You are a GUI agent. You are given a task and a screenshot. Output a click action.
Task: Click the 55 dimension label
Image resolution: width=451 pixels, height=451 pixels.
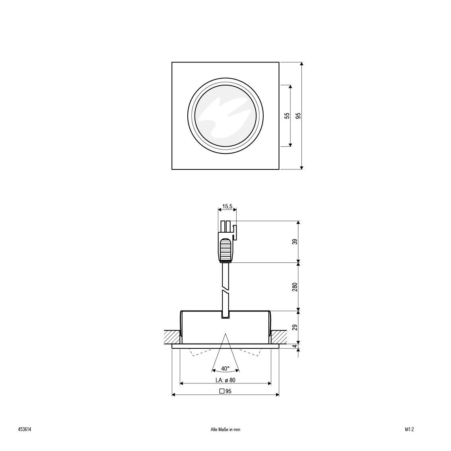287,116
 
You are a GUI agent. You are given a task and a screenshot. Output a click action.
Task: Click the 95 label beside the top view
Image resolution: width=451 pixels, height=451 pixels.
298,116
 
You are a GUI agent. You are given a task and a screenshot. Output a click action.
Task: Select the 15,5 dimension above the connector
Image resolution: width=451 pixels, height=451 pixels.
227,206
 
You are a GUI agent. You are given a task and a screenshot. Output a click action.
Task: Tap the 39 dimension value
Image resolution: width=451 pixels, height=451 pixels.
295,242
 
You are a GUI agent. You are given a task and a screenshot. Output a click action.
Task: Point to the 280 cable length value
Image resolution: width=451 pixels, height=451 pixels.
295,287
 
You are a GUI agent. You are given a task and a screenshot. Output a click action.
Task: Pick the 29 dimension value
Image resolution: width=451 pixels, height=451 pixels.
295,327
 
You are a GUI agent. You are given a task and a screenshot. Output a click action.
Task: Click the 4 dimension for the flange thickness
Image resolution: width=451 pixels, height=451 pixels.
295,346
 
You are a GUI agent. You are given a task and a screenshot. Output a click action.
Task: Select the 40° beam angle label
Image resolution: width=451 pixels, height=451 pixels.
225,368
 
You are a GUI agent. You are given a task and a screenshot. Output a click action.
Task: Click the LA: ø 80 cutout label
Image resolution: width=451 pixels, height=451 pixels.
225,380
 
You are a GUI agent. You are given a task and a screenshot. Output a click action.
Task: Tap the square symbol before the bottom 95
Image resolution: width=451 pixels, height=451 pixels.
222,391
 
